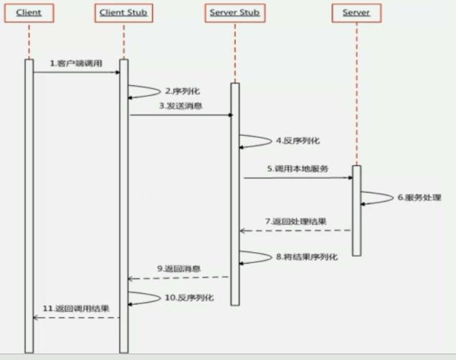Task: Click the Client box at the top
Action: point(29,13)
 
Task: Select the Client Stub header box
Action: point(122,13)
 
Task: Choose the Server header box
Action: point(356,13)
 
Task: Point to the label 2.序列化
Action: point(182,90)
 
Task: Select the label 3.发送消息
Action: point(180,106)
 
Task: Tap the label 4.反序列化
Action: point(297,141)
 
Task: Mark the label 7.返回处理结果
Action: point(295,221)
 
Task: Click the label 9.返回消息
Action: point(178,268)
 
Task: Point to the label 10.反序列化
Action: point(189,298)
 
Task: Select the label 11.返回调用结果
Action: point(76,308)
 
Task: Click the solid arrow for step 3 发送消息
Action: point(180,115)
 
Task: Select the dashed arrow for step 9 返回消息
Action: point(178,277)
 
